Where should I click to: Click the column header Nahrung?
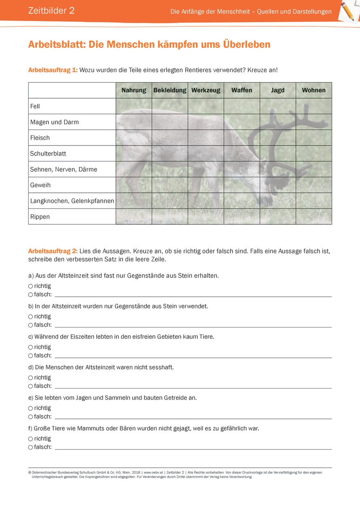[x=134, y=90]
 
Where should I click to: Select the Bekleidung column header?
[x=170, y=90]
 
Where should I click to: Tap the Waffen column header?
[x=242, y=90]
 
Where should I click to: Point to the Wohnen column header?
[x=313, y=90]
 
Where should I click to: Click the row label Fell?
[x=35, y=106]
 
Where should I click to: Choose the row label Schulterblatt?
[x=48, y=154]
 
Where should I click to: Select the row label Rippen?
[x=40, y=217]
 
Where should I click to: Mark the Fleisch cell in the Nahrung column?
[x=134, y=138]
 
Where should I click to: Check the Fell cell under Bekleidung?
[x=170, y=106]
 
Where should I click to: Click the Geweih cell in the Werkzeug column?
[x=206, y=185]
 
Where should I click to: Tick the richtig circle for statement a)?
[x=30, y=286]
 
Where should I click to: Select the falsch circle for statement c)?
[x=30, y=356]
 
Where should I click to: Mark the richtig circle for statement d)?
[x=30, y=378]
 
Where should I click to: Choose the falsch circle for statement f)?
[x=30, y=447]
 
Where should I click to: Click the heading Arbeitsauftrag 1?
[x=53, y=70]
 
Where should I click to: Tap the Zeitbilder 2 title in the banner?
[x=51, y=11]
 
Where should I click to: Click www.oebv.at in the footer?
[x=153, y=472]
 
